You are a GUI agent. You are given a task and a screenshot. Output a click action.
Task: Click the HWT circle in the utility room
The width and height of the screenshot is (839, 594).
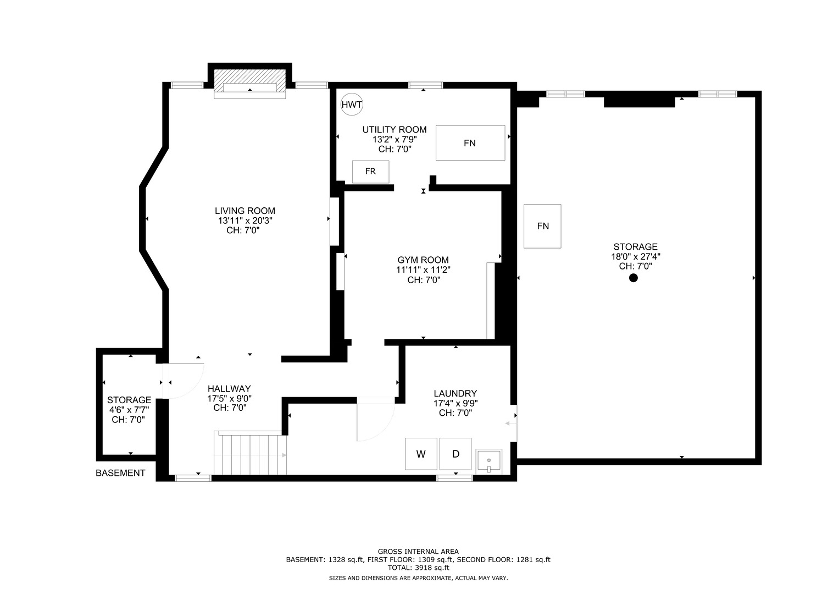click(x=352, y=105)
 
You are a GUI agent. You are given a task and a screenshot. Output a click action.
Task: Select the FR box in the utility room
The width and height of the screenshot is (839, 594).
click(x=370, y=172)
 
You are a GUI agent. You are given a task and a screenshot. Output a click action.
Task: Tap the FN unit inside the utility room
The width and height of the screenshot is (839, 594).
click(x=470, y=143)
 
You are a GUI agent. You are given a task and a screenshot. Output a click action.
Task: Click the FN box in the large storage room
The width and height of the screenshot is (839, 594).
click(x=542, y=226)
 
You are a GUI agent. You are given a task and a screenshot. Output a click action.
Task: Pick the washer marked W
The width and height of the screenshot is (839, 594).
click(x=421, y=454)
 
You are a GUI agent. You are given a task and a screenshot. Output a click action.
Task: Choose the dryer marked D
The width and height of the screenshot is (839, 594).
click(x=455, y=454)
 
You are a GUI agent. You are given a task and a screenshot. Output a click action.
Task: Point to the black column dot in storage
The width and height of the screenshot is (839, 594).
click(x=633, y=278)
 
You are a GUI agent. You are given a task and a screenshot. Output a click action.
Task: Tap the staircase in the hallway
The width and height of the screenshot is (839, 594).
click(x=250, y=453)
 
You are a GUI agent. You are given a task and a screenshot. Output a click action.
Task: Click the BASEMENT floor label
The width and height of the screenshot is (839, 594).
click(x=120, y=473)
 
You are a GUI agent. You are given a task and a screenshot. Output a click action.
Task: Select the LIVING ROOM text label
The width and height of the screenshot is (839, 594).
click(x=245, y=211)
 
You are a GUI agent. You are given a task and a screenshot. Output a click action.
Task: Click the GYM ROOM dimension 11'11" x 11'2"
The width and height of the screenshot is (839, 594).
click(x=423, y=270)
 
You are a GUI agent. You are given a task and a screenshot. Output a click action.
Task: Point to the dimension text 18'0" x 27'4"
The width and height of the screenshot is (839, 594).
click(x=635, y=256)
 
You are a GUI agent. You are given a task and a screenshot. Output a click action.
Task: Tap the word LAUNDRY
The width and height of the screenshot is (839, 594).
click(x=455, y=393)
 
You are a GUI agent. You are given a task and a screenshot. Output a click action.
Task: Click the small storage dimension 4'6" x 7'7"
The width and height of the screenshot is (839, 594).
click(x=129, y=410)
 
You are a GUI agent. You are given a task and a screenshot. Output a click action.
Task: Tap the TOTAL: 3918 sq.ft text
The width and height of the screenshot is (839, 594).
click(x=418, y=568)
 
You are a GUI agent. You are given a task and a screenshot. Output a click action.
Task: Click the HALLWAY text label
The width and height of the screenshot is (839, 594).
click(x=229, y=388)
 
